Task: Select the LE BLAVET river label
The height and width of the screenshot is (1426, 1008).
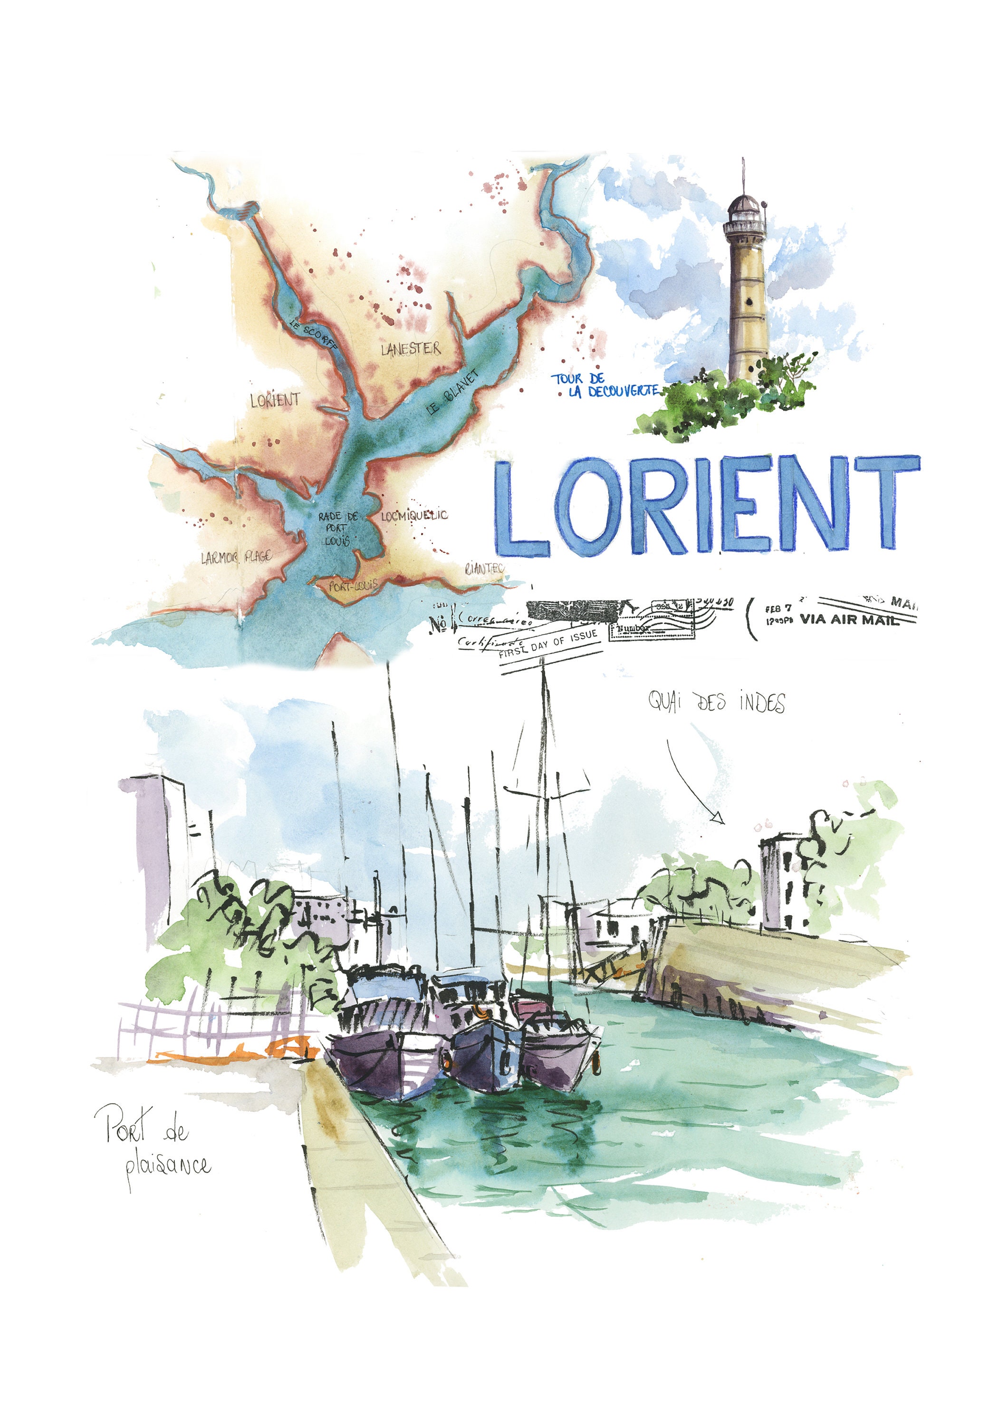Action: pos(453,393)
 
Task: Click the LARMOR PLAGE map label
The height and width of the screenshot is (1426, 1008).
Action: pos(236,557)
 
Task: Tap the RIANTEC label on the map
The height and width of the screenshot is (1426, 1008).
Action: pos(484,568)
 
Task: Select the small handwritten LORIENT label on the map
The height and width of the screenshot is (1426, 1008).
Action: pos(275,401)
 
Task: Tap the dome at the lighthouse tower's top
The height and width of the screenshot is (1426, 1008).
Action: pos(744,204)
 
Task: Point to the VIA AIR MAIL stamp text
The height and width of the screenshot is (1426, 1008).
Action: pos(848,619)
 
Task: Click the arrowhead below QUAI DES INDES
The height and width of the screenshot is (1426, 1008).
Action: pos(719,819)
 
